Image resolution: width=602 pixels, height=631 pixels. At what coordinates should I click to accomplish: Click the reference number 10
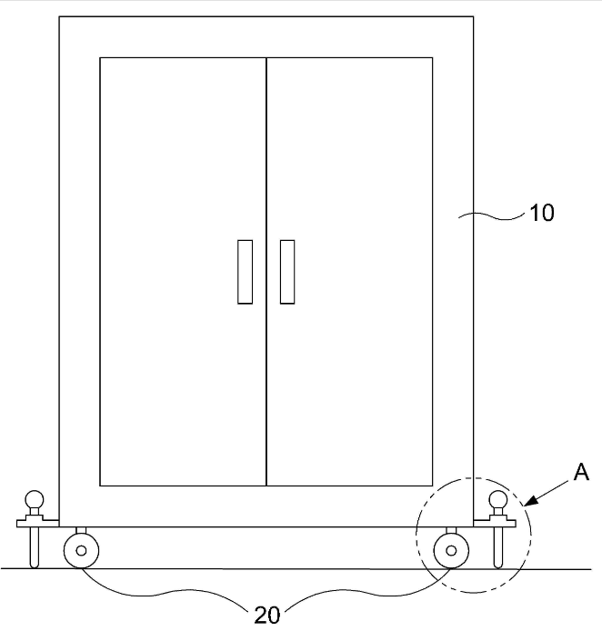tap(542, 213)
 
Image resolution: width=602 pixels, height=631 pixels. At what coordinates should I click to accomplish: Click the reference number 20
tap(267, 615)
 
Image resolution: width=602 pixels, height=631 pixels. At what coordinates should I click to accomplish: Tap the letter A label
tap(581, 472)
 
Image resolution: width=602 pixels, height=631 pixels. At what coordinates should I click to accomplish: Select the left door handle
tap(245, 272)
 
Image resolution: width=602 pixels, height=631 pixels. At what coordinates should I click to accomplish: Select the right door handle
tap(287, 272)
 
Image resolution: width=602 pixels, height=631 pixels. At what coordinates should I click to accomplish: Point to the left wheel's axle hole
tap(81, 550)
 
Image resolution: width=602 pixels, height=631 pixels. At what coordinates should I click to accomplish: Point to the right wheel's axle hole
tap(451, 550)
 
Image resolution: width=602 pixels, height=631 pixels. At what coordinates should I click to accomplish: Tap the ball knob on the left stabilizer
tap(35, 500)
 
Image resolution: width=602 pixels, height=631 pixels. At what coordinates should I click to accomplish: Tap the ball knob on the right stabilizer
tap(498, 500)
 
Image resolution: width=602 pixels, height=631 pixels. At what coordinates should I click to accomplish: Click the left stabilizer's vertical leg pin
tap(35, 547)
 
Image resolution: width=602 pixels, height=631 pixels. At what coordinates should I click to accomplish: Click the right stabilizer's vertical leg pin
tap(498, 547)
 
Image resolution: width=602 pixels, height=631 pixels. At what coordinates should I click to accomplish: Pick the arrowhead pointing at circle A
tap(531, 501)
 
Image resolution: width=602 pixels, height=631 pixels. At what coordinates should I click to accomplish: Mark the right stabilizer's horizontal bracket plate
tap(495, 523)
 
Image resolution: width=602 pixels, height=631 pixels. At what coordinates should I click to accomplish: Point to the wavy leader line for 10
tap(492, 216)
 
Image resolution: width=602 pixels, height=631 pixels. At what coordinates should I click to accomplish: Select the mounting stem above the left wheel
tap(81, 530)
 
